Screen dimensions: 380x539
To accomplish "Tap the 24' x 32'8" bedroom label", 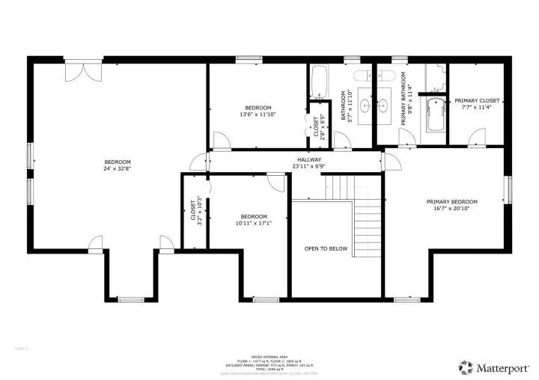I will [x=118, y=165].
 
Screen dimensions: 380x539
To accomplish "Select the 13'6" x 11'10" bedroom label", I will [x=258, y=111].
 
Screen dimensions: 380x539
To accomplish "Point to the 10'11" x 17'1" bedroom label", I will [x=254, y=219].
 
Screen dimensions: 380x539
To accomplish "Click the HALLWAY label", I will [x=308, y=162].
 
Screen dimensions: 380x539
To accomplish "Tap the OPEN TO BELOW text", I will [x=326, y=248].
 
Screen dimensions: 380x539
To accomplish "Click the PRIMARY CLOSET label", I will [x=477, y=103].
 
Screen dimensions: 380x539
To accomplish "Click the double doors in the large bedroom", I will [x=79, y=72].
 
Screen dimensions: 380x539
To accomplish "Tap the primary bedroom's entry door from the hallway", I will [x=392, y=161].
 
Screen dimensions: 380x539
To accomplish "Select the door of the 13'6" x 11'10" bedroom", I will [x=222, y=140].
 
